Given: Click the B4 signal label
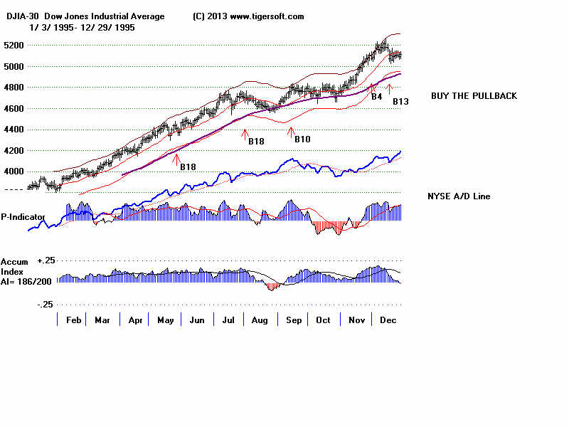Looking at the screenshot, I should pyautogui.click(x=377, y=96).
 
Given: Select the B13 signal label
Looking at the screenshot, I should pyautogui.click(x=400, y=102).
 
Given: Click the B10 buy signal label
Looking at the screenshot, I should pyautogui.click(x=302, y=139).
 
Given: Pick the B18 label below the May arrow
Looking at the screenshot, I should pyautogui.click(x=188, y=167).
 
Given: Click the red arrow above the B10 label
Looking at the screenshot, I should pyautogui.click(x=290, y=130).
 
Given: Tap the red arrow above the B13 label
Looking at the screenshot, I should pyautogui.click(x=389, y=88).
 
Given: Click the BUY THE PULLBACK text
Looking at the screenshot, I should pyautogui.click(x=474, y=96).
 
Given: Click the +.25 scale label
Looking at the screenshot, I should pyautogui.click(x=47, y=262).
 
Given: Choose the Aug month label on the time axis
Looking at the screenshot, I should pyautogui.click(x=260, y=320).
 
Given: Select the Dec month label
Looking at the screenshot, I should pyautogui.click(x=388, y=320).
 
